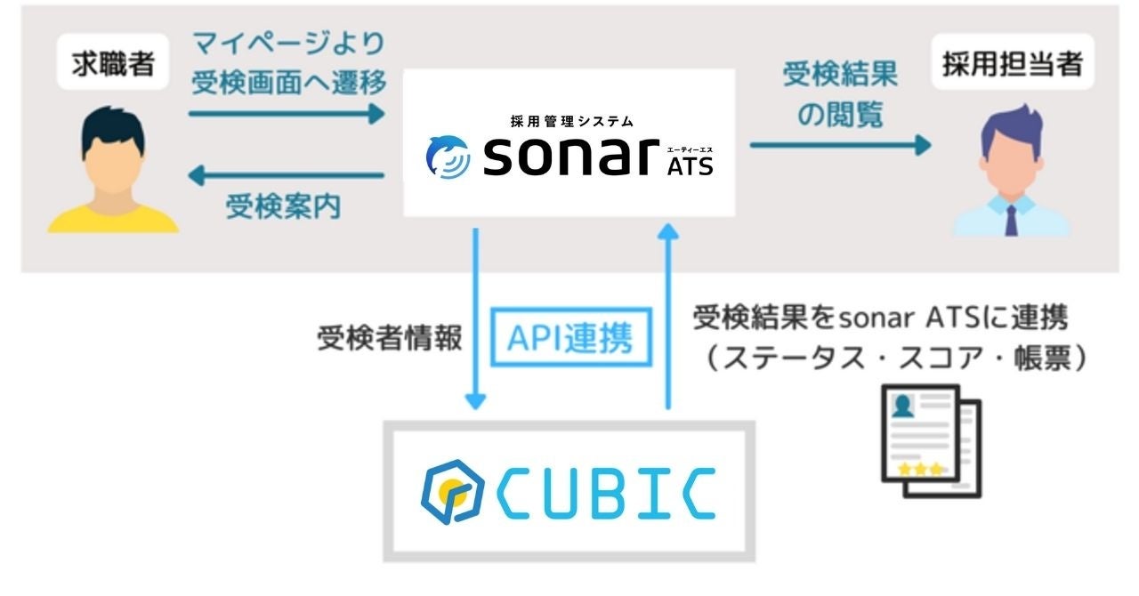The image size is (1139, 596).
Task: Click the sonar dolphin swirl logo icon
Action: click(448, 157)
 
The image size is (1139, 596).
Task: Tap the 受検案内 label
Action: click(284, 207)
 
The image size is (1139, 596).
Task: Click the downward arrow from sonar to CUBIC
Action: click(477, 320)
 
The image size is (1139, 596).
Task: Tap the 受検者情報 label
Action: click(389, 339)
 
